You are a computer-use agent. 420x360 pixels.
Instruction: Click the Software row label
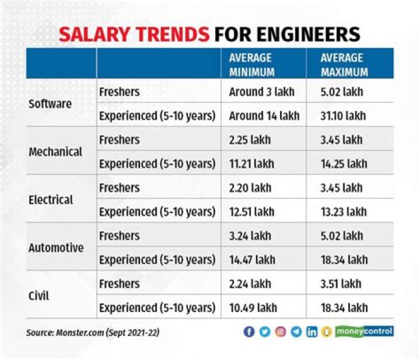pos(50,104)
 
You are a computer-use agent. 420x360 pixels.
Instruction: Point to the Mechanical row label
pos(56,152)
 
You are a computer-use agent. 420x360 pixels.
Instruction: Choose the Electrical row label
pos(51,200)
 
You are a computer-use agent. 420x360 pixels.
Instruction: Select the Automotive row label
pos(56,247)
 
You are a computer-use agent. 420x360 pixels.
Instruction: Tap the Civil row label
pos(38,295)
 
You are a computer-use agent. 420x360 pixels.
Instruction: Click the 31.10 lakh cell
pos(343,116)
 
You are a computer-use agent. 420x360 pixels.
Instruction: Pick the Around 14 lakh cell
pos(264,116)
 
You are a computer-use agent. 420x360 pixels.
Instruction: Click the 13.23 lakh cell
pos(344,212)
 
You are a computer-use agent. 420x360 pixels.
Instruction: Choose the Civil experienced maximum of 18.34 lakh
pos(344,307)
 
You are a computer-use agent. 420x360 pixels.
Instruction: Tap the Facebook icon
pos(249,331)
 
